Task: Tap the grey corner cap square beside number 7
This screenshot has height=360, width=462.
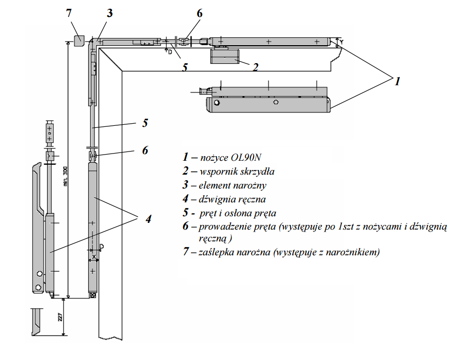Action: (x=79, y=40)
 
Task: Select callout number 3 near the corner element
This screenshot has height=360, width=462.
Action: (x=109, y=13)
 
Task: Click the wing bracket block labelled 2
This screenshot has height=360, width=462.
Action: (x=225, y=56)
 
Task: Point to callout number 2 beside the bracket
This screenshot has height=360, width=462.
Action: (x=255, y=66)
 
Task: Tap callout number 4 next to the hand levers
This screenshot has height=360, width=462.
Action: (x=148, y=219)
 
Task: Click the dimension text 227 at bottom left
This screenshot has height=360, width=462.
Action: (x=60, y=317)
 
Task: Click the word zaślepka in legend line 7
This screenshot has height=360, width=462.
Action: (x=216, y=252)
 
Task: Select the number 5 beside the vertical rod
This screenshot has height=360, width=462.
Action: (x=145, y=123)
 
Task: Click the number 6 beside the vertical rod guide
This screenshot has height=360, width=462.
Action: (x=145, y=150)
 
